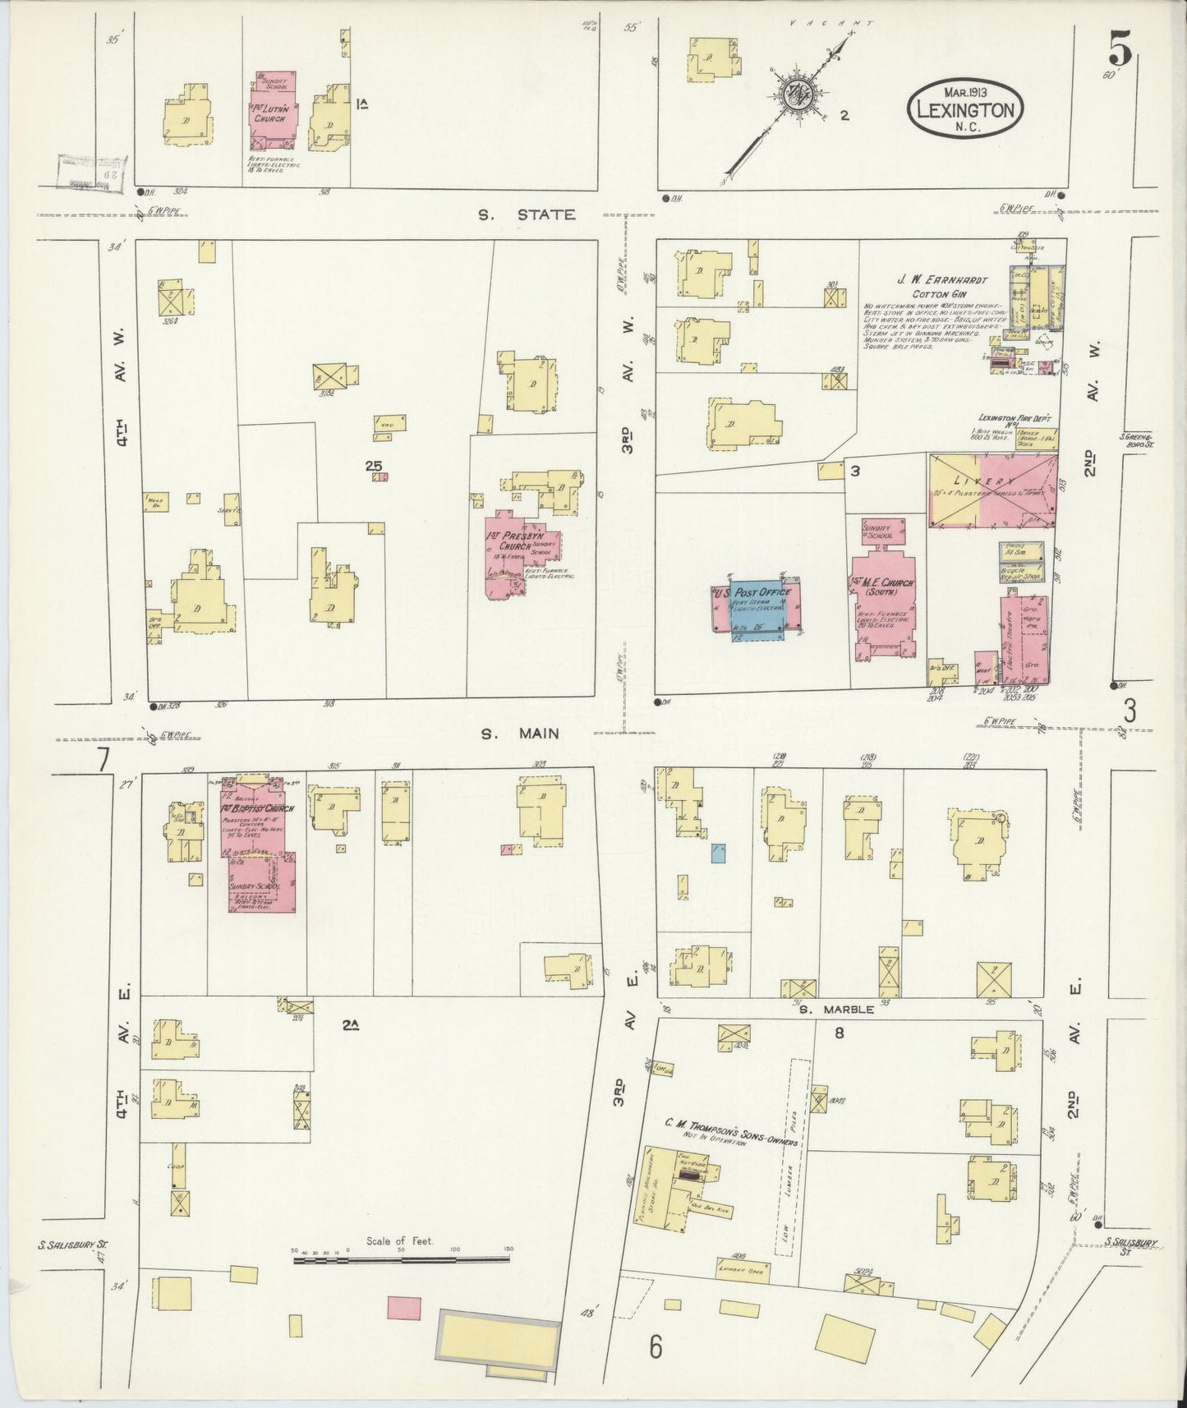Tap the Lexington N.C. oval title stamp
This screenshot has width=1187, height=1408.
click(x=964, y=104)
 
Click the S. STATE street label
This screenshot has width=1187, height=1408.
click(x=526, y=215)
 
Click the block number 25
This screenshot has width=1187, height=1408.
click(x=374, y=466)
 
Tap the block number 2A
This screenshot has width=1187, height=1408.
click(x=351, y=1024)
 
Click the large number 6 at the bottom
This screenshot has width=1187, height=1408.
click(x=655, y=1347)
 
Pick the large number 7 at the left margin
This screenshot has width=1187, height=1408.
click(x=102, y=762)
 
